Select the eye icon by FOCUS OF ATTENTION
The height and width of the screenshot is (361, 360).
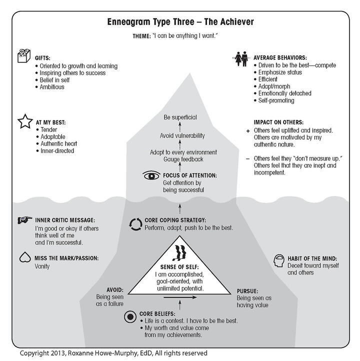[150, 175]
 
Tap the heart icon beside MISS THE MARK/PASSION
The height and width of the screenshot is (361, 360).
[23, 258]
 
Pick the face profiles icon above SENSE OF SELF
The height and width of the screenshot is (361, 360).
[179, 253]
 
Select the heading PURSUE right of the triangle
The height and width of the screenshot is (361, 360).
[249, 289]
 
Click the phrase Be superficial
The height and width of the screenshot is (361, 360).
[180, 117]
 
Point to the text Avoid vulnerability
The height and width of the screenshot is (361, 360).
[182, 135]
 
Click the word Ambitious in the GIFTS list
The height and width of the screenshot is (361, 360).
[53, 87]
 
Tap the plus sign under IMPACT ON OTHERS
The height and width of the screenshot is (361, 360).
[248, 130]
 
